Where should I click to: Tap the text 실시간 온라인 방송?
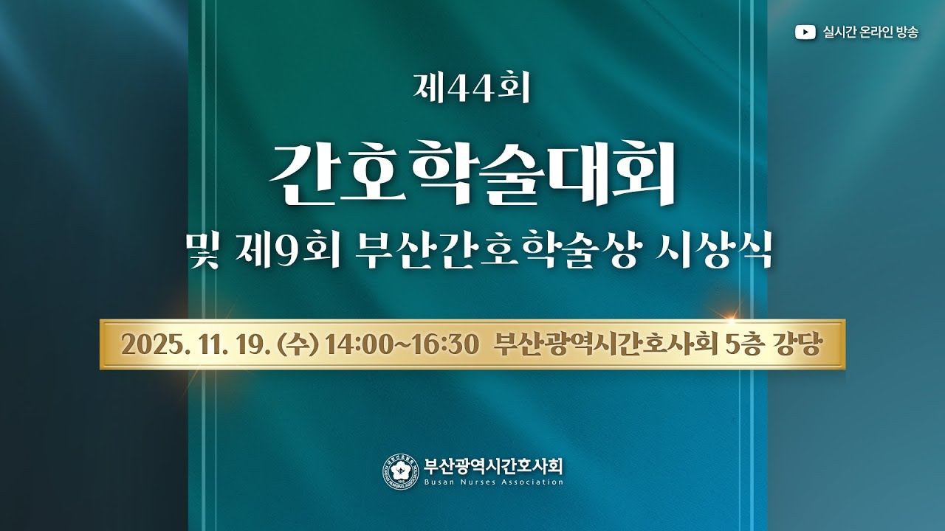870,32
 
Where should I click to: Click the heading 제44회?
472,89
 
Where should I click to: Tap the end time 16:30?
442,344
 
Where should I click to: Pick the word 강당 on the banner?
799,344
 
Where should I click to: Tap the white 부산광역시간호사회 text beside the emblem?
494,466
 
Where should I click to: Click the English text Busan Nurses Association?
494,482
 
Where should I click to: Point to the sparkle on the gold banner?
730,319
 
